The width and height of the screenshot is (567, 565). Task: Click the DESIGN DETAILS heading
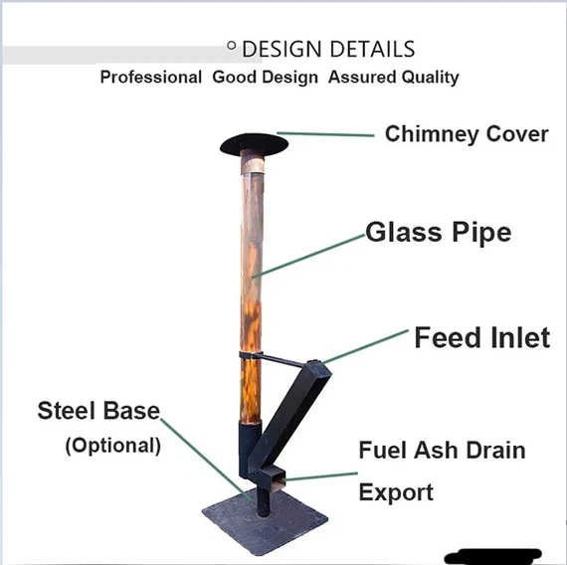(327, 49)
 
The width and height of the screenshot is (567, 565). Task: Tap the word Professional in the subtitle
(150, 78)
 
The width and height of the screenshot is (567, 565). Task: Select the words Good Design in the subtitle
(266, 78)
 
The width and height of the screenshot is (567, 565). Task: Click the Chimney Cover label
(467, 134)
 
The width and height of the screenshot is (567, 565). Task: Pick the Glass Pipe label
(438, 233)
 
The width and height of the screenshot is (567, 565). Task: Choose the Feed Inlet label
(481, 338)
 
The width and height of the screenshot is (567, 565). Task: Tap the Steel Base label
(98, 411)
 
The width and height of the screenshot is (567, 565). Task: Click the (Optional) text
(112, 445)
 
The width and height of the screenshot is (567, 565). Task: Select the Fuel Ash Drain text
(442, 451)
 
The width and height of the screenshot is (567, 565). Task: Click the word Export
(396, 492)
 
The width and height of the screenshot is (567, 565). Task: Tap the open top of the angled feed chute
(316, 367)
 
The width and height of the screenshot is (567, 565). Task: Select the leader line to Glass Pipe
(308, 255)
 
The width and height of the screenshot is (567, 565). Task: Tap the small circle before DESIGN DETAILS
(232, 46)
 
